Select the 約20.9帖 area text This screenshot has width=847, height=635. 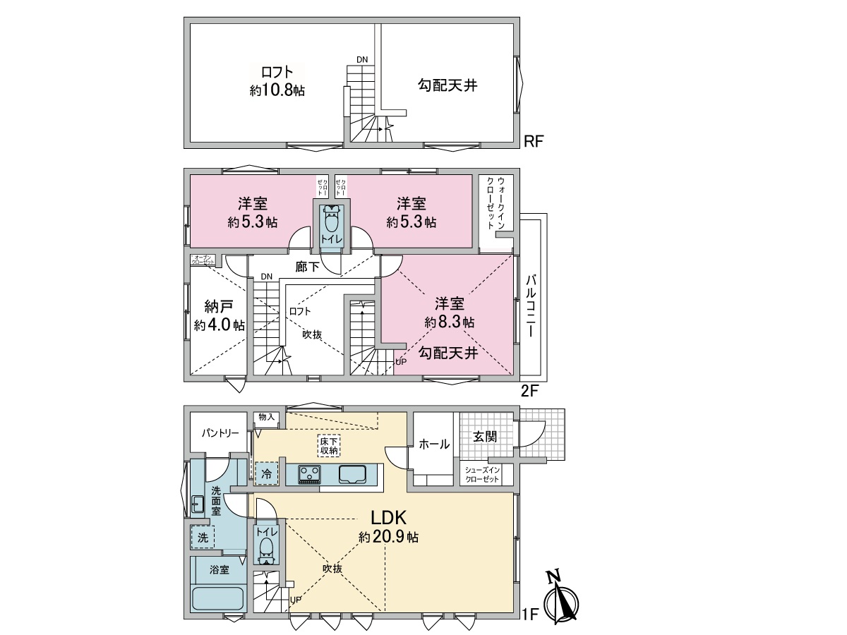pyautogui.click(x=388, y=537)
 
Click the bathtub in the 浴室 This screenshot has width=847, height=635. pyautogui.click(x=218, y=599)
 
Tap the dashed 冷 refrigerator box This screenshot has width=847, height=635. pyautogui.click(x=266, y=474)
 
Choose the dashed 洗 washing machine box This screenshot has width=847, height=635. pyautogui.click(x=203, y=537)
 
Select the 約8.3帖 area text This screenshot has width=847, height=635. pyautogui.click(x=449, y=322)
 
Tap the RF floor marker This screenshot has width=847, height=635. pyautogui.click(x=534, y=142)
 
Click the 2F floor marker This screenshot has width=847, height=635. pyautogui.click(x=531, y=389)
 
